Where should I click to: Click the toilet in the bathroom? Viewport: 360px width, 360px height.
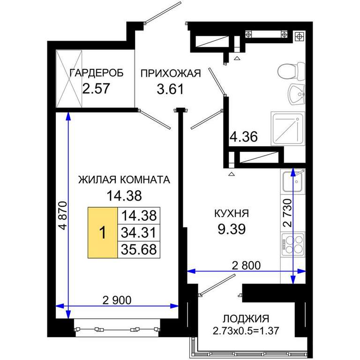click(291, 71)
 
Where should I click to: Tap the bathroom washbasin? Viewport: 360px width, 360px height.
click(296, 94)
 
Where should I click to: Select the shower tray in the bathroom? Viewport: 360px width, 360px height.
click(288, 128)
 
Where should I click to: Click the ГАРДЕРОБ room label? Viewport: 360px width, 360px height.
click(97, 73)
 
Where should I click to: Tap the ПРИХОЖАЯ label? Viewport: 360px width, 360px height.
click(171, 73)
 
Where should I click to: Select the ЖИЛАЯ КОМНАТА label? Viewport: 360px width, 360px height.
click(124, 180)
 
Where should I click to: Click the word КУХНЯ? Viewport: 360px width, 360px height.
click(232, 213)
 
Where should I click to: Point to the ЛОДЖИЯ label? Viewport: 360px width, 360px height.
click(246, 319)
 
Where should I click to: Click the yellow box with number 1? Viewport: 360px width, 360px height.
click(103, 232)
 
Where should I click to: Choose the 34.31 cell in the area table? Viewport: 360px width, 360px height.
click(139, 232)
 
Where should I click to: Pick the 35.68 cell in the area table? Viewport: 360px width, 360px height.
click(139, 249)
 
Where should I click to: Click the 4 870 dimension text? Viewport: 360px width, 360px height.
click(63, 215)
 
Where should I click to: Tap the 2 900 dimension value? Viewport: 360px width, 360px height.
click(117, 300)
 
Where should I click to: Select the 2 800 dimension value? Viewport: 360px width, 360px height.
click(246, 266)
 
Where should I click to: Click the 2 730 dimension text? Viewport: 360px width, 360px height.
click(287, 213)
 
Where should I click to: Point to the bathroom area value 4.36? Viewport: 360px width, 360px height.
click(244, 136)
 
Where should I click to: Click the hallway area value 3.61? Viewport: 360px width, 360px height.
click(170, 89)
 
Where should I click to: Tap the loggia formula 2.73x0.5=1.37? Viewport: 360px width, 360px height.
click(246, 331)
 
